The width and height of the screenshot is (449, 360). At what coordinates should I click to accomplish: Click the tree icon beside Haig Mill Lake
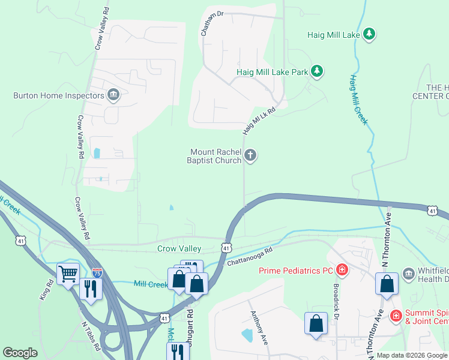370,35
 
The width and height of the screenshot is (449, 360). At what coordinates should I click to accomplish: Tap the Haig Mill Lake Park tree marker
317,72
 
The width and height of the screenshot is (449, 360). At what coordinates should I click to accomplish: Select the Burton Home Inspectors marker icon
113,95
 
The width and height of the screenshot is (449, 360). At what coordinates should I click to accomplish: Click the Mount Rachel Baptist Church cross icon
250,156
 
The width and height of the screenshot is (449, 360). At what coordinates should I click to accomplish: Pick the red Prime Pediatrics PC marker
342,271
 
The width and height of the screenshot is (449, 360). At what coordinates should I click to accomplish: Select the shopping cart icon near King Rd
68,274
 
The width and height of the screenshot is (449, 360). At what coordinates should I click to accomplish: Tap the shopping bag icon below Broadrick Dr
316,324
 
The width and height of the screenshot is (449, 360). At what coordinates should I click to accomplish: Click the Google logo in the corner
20,352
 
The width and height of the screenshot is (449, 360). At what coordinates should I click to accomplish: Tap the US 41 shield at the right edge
432,210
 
